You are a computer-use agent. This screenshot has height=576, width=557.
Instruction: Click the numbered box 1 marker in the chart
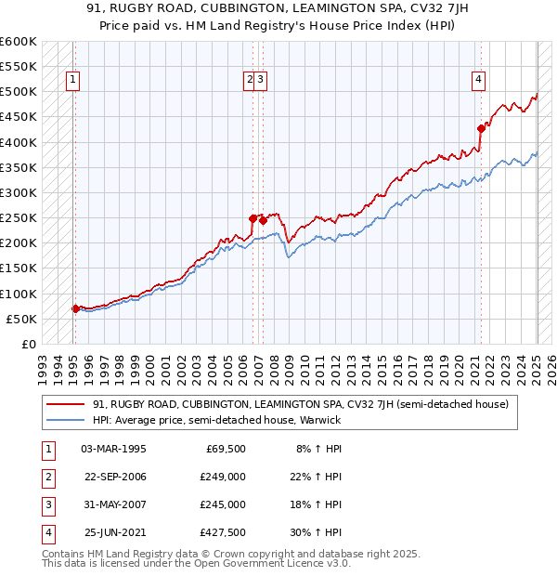pos(73,80)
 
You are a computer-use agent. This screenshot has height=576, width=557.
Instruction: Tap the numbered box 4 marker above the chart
pos(478,80)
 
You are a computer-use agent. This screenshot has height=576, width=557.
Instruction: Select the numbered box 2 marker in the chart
pos(250,80)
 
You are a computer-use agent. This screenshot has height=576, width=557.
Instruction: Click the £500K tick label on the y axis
pos(19,92)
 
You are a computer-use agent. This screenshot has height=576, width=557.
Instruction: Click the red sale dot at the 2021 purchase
pos(481,128)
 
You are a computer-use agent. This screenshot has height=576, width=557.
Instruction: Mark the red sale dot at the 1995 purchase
pos(75,308)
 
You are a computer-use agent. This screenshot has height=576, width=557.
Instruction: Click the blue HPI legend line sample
pos(65,420)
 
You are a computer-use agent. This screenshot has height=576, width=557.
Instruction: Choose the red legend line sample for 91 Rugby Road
pos(65,405)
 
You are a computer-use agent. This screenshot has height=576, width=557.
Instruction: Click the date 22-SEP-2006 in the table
pos(115,477)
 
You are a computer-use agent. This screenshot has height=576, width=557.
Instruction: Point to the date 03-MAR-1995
pos(114,449)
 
